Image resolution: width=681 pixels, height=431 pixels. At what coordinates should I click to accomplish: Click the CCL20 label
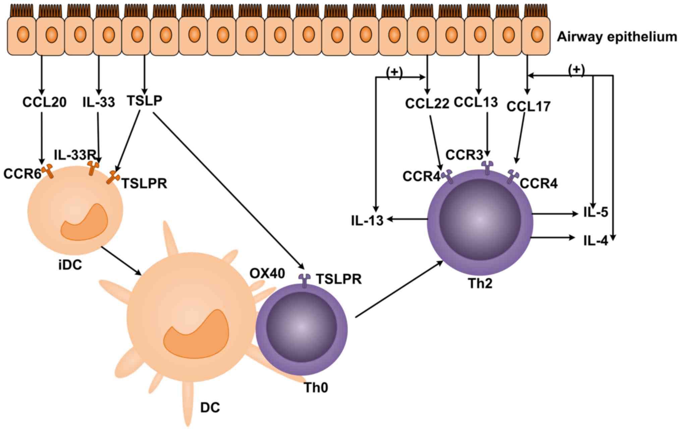pyautogui.click(x=44, y=102)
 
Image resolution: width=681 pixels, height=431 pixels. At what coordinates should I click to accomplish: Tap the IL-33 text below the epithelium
pyautogui.click(x=99, y=102)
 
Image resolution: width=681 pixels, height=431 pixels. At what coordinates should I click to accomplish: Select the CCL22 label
pyautogui.click(x=427, y=104)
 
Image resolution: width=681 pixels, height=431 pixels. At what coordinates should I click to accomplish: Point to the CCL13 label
pyautogui.click(x=476, y=102)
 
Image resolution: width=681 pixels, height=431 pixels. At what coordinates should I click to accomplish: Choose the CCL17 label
pyautogui.click(x=528, y=107)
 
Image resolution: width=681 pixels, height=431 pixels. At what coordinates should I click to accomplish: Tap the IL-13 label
pyautogui.click(x=367, y=221)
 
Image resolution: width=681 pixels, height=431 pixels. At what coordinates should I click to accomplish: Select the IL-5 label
pyautogui.click(x=596, y=212)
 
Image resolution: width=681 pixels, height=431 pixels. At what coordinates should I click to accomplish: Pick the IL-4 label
pyautogui.click(x=596, y=241)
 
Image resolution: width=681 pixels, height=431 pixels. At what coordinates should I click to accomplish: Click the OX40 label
pyautogui.click(x=267, y=273)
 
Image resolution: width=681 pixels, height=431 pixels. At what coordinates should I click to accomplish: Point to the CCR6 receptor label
pyautogui.click(x=22, y=174)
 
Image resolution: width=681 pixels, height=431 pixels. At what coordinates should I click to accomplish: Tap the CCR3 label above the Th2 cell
pyautogui.click(x=464, y=155)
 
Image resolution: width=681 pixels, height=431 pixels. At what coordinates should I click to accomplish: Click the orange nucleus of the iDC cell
pyautogui.click(x=84, y=222)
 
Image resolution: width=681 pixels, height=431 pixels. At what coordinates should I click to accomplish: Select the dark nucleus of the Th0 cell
pyautogui.click(x=301, y=327)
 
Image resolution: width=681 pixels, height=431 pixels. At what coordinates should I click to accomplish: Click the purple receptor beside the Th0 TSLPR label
pyautogui.click(x=304, y=281)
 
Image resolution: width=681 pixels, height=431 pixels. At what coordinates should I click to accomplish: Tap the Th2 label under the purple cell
pyautogui.click(x=480, y=284)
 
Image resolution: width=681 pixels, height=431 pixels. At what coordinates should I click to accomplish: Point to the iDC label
pyautogui.click(x=70, y=265)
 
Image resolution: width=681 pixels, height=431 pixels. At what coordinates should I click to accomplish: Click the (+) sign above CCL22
pyautogui.click(x=394, y=73)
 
